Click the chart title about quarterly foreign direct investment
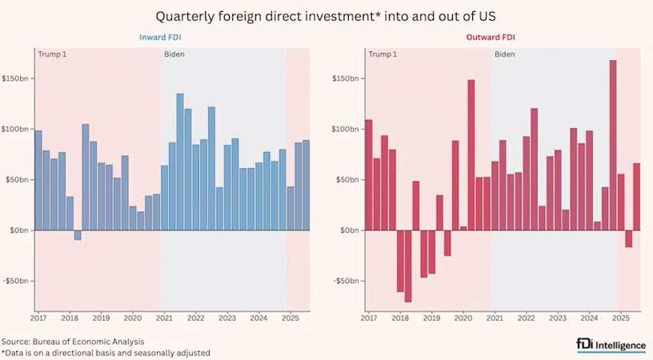[x=326, y=16]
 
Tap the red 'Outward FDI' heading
[x=492, y=38]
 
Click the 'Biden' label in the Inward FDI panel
[x=174, y=54]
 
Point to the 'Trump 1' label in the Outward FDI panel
[x=382, y=54]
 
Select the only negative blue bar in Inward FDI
[x=78, y=234]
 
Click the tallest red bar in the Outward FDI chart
[x=613, y=145]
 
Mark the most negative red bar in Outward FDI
[x=408, y=266]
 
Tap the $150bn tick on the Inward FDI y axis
[x=16, y=78]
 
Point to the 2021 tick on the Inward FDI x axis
[x=164, y=318]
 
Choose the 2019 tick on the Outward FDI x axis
[x=431, y=318]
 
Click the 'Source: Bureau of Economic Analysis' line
[x=73, y=341]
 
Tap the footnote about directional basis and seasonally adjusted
[x=106, y=352]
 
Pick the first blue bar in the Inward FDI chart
[x=38, y=180]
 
